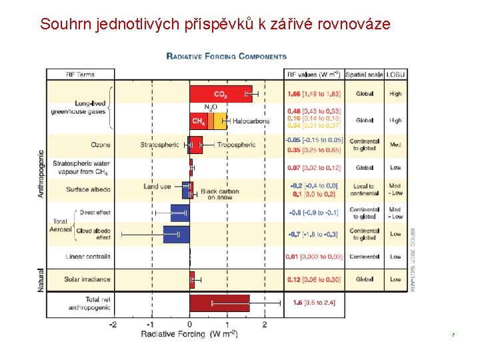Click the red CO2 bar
[x=220, y=94]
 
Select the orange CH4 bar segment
[x=199, y=121]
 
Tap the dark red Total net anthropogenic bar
[x=219, y=303]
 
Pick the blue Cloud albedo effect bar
[x=177, y=234]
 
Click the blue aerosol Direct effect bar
[x=180, y=213]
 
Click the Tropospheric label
[x=237, y=145]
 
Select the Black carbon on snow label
[x=219, y=193]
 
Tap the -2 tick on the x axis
[x=113, y=325]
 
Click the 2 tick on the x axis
[x=265, y=325]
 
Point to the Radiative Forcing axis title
[x=189, y=334]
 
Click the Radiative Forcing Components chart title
[x=227, y=57]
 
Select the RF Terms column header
[x=80, y=74]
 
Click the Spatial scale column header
[x=365, y=74]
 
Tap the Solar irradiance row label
[x=87, y=279]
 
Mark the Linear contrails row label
[x=88, y=257]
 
